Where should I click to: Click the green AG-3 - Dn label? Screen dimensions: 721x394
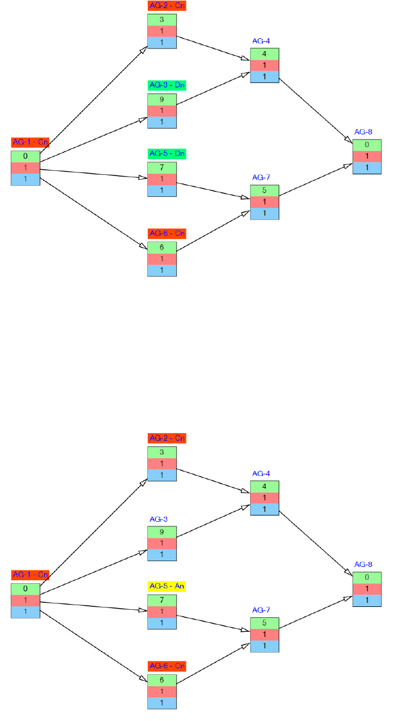[166, 85]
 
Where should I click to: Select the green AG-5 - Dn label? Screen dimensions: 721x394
[166, 153]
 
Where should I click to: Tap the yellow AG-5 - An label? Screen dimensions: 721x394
[166, 586]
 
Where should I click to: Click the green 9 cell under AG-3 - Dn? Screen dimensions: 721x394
[162, 99]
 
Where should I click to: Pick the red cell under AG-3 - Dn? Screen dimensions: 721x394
[162, 111]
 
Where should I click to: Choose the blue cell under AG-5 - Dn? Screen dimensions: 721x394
[162, 191]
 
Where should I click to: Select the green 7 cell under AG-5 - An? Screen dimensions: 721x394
[162, 600]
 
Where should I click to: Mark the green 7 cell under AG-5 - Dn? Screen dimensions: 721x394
[162, 167]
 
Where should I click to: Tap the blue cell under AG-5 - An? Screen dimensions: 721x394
[162, 623]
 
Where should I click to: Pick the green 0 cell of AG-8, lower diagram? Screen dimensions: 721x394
[367, 577]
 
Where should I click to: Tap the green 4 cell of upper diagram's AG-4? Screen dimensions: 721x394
[265, 54]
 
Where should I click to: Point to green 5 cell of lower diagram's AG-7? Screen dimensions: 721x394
[265, 623]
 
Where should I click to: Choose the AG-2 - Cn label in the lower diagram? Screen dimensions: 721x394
[166, 438]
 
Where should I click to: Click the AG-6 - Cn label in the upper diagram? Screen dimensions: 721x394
[166, 233]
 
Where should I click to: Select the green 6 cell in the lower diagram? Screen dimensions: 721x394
[162, 680]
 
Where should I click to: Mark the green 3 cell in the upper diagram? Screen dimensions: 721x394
[162, 20]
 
